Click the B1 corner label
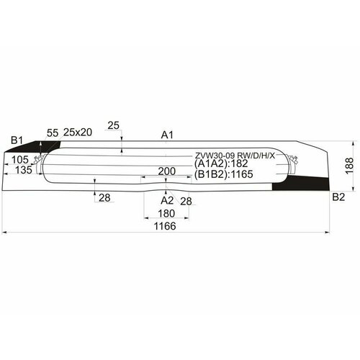click(17, 140)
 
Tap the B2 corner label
click(338, 197)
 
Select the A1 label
click(168, 135)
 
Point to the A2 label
click(167, 199)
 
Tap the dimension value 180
click(167, 214)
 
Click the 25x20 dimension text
click(78, 132)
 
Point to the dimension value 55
click(53, 132)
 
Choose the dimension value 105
click(19, 159)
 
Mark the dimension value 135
click(24, 171)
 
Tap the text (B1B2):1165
click(225, 174)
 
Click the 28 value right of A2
click(186, 200)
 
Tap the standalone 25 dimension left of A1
click(113, 126)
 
